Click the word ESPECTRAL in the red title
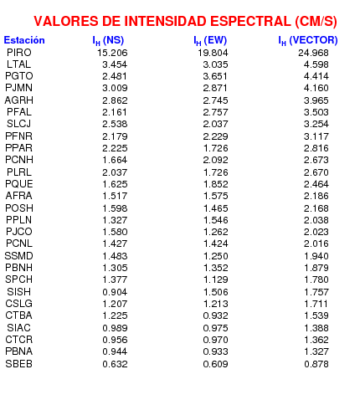click(250, 21)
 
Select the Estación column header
click(24, 40)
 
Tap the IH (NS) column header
click(108, 41)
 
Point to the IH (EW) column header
click(210, 41)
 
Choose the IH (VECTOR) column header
click(308, 41)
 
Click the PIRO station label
click(19, 53)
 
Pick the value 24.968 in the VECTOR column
click(313, 53)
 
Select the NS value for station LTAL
click(115, 64)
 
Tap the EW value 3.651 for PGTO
click(215, 76)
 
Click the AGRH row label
click(19, 100)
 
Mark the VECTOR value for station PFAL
click(316, 112)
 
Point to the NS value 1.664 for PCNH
click(115, 160)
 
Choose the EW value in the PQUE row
click(215, 184)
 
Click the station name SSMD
click(19, 256)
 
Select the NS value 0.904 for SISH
click(115, 292)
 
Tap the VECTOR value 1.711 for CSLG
click(316, 304)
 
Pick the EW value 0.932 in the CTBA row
click(215, 315)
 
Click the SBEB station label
click(19, 364)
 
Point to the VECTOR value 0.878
click(316, 364)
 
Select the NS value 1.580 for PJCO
click(115, 232)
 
